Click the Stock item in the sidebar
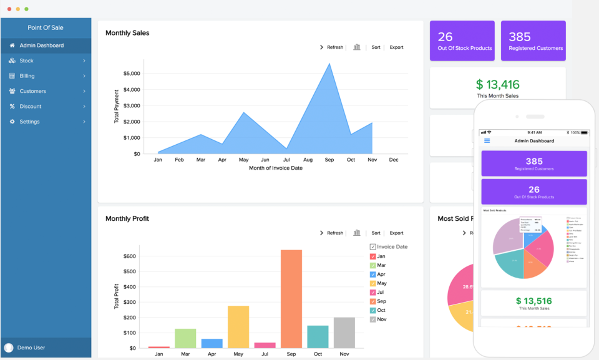coord(27,61)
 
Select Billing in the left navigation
coord(27,76)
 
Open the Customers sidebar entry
coord(32,91)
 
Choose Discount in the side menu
coord(30,107)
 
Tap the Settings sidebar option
coord(29,122)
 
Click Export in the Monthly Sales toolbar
coord(396,47)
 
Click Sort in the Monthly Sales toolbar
coord(376,47)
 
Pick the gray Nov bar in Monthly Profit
coord(344,332)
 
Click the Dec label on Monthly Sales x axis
coord(394,160)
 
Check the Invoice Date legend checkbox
coord(373,247)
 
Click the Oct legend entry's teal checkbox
coord(373,310)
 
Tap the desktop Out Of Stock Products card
coord(462,41)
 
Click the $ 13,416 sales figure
coord(497,85)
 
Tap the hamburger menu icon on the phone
coord(487,141)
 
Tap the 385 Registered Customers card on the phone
coord(533,163)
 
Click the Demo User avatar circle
coord(9,348)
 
